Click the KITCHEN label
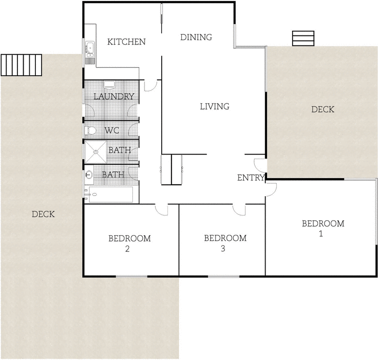[126, 42]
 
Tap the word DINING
[196, 37]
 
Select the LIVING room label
[215, 106]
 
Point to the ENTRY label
[251, 178]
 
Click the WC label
[112, 130]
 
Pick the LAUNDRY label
[114, 97]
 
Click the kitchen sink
[89, 50]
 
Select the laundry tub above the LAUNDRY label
[109, 85]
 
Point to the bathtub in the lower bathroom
[112, 195]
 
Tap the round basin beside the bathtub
[89, 175]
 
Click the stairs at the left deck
[21, 65]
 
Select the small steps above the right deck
[303, 38]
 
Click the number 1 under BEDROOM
[321, 233]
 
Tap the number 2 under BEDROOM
[128, 249]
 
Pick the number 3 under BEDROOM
[223, 249]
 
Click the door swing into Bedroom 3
[239, 209]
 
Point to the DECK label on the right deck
[323, 110]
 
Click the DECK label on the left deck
[43, 214]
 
